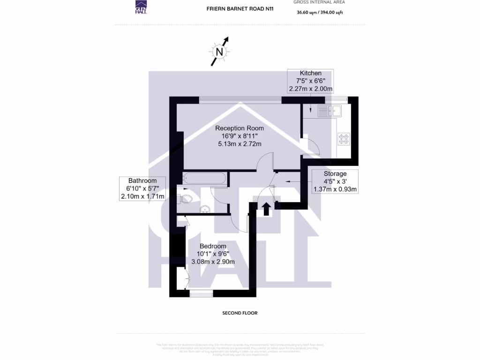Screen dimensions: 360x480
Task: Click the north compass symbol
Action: click(219, 52)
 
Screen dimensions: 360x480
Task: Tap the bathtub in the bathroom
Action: click(204, 178)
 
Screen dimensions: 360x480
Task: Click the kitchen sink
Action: click(330, 111)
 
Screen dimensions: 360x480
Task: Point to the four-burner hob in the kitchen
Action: click(344, 139)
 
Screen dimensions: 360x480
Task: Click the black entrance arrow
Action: click(266, 209)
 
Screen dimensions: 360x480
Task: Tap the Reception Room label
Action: click(239, 128)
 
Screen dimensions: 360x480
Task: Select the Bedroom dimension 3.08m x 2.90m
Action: click(213, 262)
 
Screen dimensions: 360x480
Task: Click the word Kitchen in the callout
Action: click(310, 73)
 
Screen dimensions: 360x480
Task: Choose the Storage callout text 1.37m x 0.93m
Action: click(335, 190)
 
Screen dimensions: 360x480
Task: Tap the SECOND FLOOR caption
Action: click(240, 313)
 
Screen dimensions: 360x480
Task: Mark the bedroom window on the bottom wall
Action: click(201, 294)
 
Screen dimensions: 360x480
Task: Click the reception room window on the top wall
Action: click(240, 99)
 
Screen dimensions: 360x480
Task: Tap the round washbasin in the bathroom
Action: click(205, 209)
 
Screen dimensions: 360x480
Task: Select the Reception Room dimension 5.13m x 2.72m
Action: click(239, 144)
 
